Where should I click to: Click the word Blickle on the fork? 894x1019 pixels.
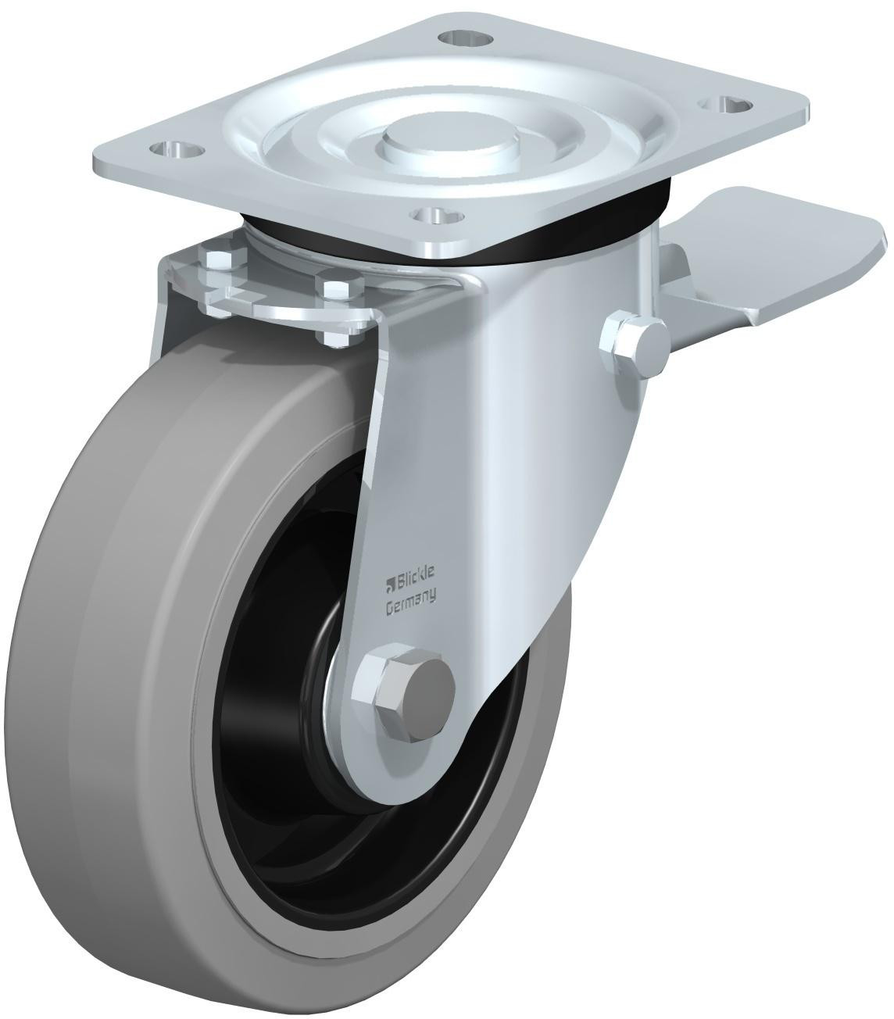[411, 580]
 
